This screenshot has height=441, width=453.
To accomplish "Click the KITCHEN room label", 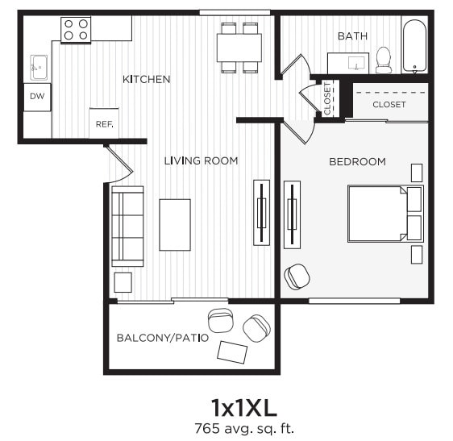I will click(146, 79).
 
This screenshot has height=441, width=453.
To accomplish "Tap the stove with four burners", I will click(76, 30).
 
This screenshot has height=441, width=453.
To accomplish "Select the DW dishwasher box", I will click(36, 97).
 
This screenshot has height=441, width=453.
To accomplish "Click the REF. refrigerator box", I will click(103, 123).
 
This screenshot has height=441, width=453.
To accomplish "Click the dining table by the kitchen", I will click(239, 48).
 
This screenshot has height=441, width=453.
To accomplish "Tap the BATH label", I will click(352, 36).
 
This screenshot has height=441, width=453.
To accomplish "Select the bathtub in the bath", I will click(414, 46).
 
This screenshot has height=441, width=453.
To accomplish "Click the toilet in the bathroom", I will click(384, 59).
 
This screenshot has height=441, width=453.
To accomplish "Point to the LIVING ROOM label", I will click(201, 160).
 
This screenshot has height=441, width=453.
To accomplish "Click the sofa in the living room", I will click(127, 226).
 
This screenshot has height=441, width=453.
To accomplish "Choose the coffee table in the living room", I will click(175, 224).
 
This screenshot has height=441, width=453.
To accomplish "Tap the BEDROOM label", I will click(357, 161).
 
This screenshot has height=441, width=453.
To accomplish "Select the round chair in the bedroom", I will click(297, 277).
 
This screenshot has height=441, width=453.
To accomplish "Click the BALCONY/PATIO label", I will click(162, 337).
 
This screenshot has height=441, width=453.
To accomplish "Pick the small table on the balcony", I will click(233, 352).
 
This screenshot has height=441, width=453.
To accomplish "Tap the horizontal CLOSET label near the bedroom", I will click(389, 105).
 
